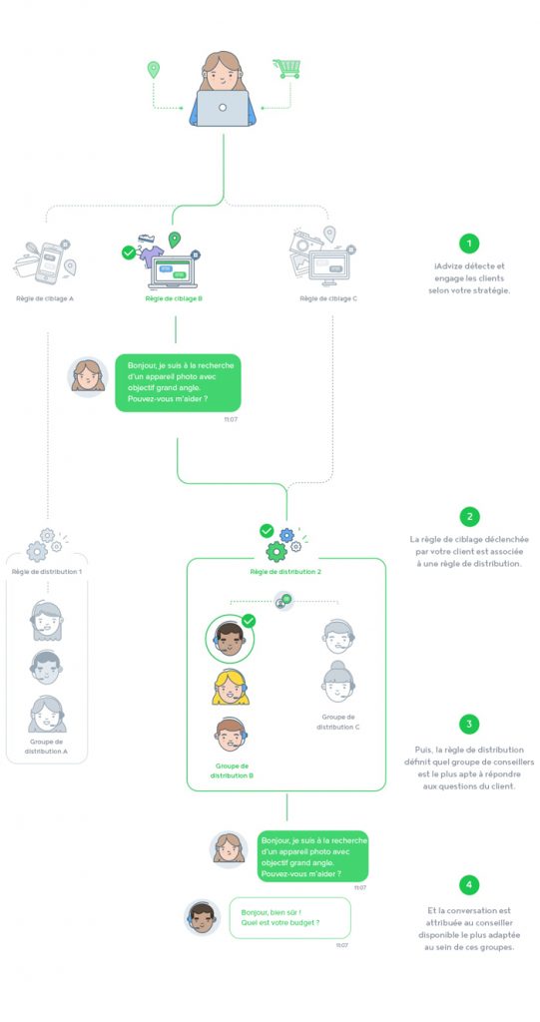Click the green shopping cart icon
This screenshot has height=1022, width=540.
286,69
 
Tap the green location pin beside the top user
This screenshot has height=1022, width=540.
154,70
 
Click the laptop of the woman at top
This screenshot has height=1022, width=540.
223,108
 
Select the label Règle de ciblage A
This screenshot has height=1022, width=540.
44,298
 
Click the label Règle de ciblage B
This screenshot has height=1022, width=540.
173,298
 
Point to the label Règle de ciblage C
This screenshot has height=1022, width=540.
328,298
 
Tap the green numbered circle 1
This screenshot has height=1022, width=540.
469,244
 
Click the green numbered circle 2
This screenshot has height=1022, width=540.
469,517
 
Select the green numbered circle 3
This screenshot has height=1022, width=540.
469,725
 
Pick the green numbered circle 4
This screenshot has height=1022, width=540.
469,884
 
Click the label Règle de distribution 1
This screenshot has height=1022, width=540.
47,572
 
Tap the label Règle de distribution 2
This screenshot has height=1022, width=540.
285,572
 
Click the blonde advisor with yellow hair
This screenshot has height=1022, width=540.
231,687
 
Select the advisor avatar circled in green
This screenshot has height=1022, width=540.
230,639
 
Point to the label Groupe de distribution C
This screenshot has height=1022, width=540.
338,722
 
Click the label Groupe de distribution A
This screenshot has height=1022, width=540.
46,747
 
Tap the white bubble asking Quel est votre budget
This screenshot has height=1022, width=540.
290,918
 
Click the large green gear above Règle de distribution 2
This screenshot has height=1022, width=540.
276,551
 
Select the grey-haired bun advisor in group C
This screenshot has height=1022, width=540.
338,682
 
